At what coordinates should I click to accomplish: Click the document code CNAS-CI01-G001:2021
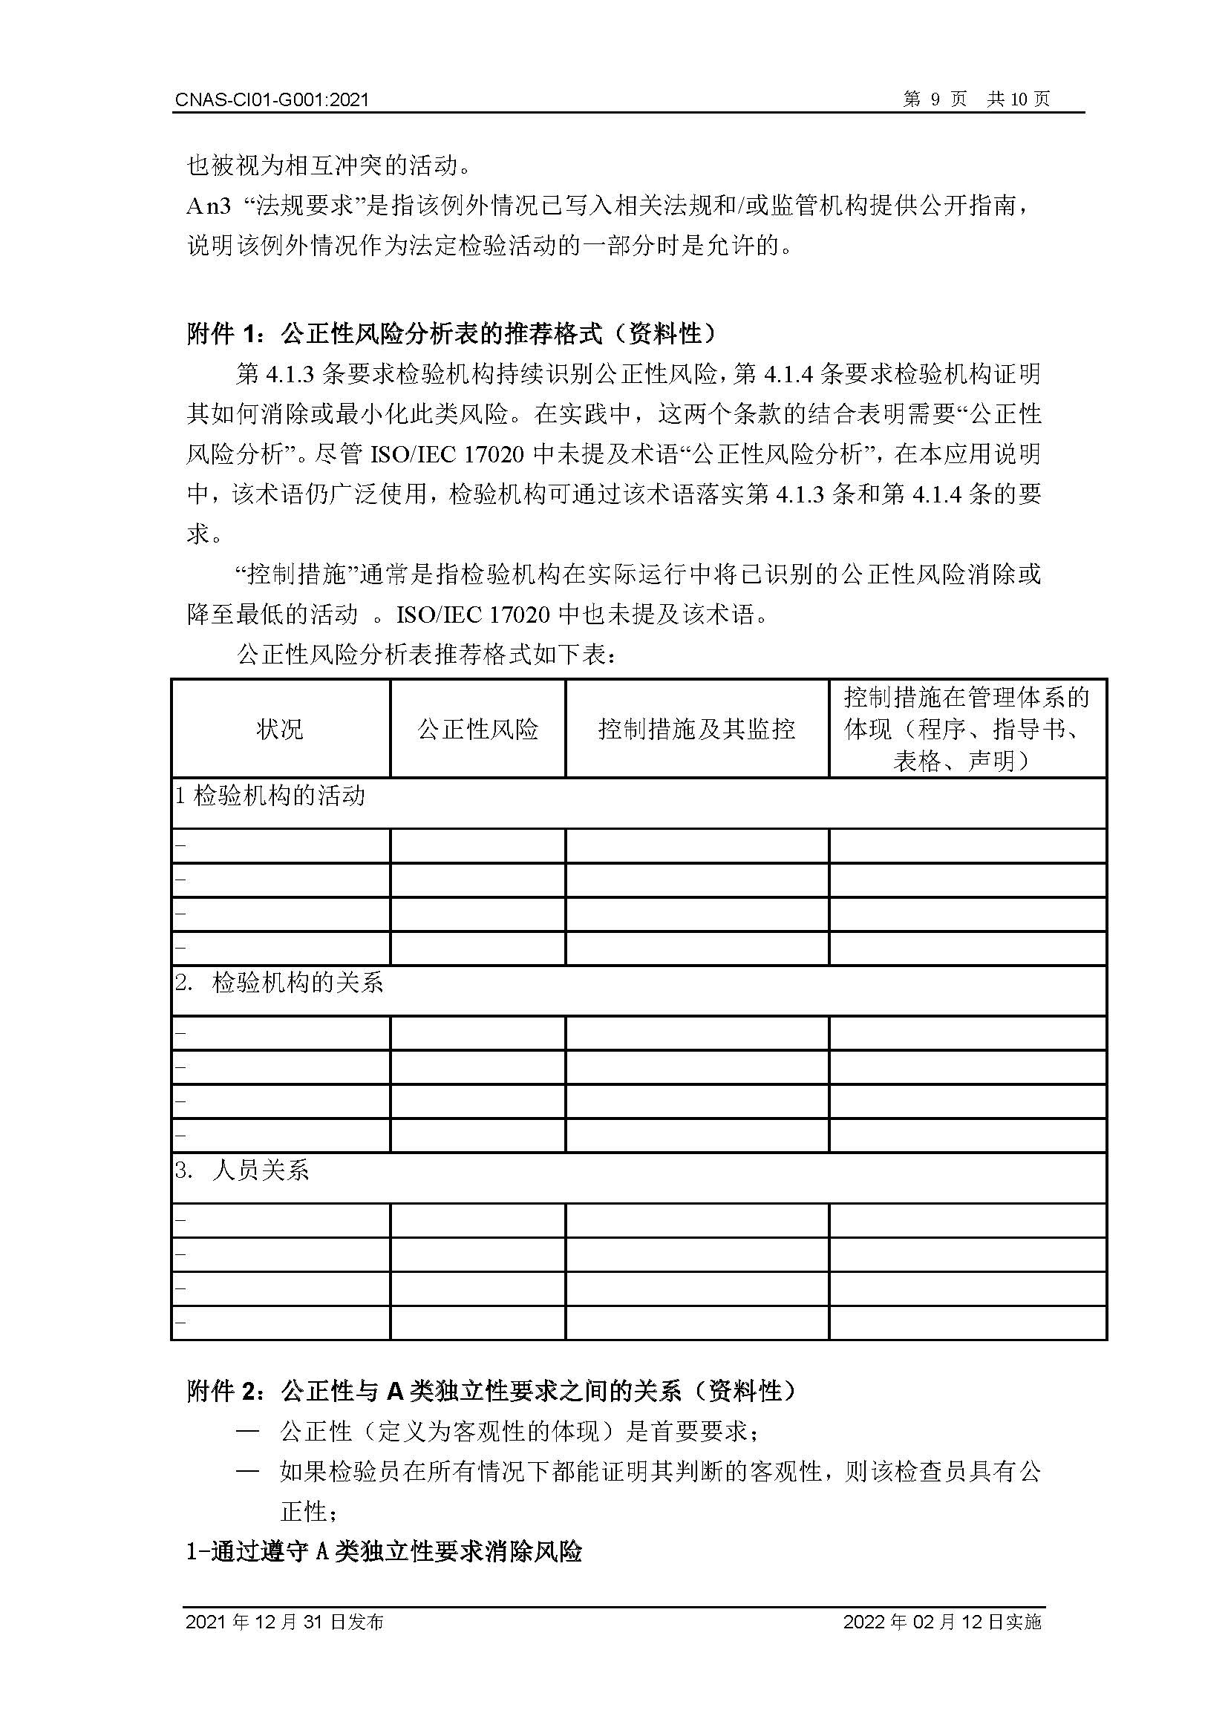pyautogui.click(x=272, y=99)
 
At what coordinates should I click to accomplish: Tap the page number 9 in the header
pyautogui.click(x=935, y=99)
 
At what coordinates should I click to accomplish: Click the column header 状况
pyautogui.click(x=280, y=729)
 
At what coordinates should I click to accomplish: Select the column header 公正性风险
pyautogui.click(x=477, y=729)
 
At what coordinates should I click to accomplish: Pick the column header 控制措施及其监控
pyautogui.click(x=696, y=729)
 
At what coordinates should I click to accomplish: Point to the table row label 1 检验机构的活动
pyautogui.click(x=270, y=796)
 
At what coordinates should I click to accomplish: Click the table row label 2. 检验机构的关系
pyautogui.click(x=280, y=983)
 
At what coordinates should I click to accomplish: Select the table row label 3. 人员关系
pyautogui.click(x=242, y=1170)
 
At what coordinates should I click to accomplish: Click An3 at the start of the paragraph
pyautogui.click(x=208, y=205)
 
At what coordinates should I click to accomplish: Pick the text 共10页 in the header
pyautogui.click(x=1018, y=99)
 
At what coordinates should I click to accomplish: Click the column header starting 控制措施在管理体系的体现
pyautogui.click(x=967, y=728)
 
